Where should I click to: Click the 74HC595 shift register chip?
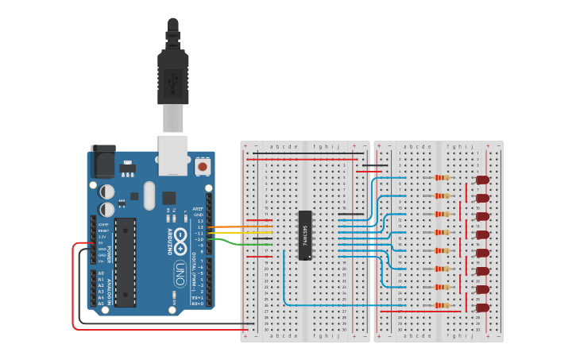[x=305, y=235]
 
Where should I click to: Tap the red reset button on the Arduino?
[x=203, y=167]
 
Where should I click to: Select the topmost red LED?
[x=482, y=180]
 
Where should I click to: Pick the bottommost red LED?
[x=482, y=307]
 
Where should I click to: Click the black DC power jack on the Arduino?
[x=102, y=161]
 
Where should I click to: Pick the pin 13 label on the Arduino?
[x=200, y=221]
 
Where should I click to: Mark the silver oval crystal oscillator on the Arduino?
[x=149, y=195]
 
